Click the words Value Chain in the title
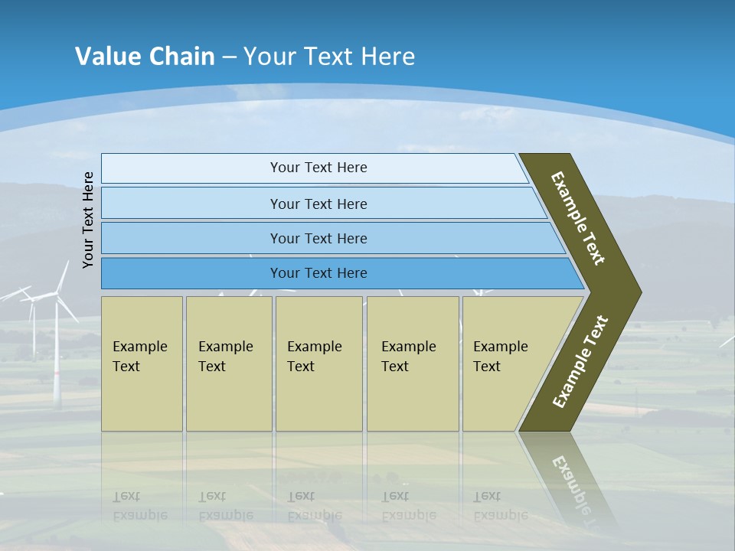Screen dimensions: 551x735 [x=145, y=57]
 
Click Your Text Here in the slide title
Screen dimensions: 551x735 [x=329, y=57]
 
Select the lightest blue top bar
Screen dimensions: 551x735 [x=318, y=168]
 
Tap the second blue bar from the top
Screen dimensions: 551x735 [x=318, y=204]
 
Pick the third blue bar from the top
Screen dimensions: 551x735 [x=318, y=238]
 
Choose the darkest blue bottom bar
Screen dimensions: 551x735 [x=318, y=273]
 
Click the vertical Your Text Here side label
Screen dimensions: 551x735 [x=88, y=220]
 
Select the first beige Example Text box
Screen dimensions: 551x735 [x=142, y=364]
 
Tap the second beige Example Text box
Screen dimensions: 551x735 [x=228, y=364]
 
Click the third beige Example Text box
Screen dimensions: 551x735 [x=318, y=364]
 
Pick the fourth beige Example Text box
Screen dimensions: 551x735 [x=412, y=364]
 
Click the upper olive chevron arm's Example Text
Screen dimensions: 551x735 [x=577, y=218]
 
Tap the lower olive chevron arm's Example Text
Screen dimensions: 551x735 [x=580, y=362]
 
